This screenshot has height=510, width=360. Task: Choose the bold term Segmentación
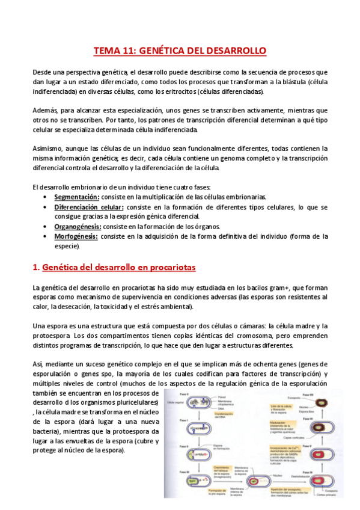[x=76, y=197]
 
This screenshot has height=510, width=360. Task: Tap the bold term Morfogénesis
[x=76, y=236]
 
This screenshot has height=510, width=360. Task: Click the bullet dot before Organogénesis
[x=48, y=226]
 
